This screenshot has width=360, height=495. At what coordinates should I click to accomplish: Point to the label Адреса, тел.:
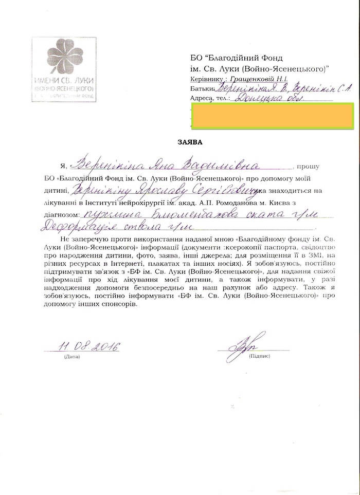pyautogui.click(x=210, y=99)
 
